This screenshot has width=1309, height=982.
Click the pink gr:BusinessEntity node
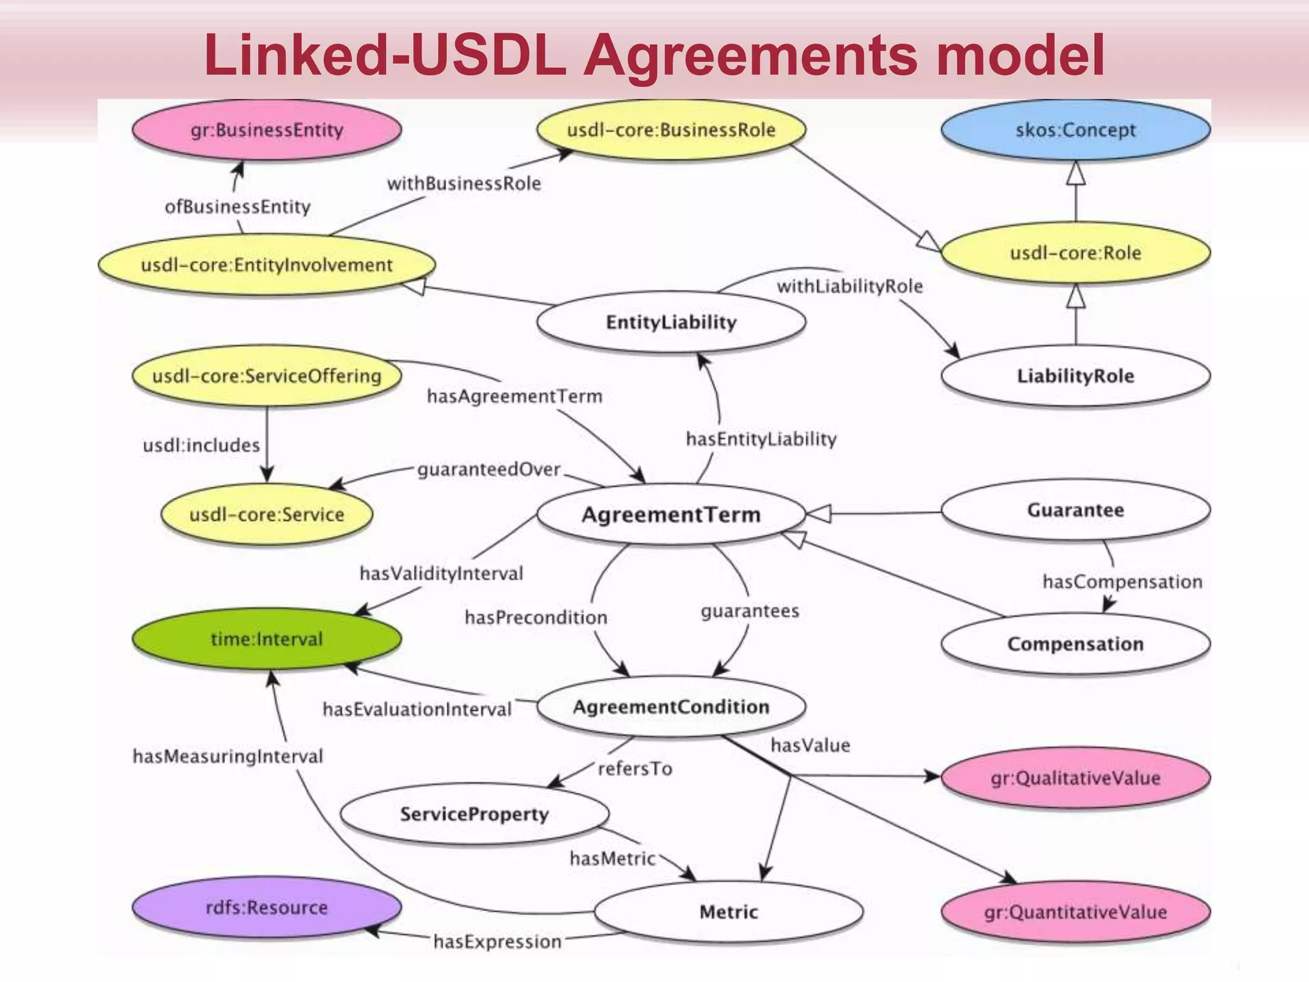click(267, 130)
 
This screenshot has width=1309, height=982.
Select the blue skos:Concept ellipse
click(1075, 130)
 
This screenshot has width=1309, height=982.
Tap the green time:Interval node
click(267, 639)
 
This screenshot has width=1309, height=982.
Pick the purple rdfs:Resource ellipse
click(267, 907)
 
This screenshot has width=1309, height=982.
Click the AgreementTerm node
click(670, 515)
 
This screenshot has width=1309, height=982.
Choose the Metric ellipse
click(728, 912)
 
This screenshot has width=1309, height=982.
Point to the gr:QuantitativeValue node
click(1075, 912)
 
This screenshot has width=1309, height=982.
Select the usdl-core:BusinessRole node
click(670, 130)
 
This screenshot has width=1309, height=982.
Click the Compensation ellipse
click(1075, 644)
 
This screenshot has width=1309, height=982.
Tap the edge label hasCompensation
click(1122, 582)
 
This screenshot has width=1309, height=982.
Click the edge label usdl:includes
click(201, 445)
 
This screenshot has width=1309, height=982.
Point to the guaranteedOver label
click(489, 470)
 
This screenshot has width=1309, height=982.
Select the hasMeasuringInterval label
click(228, 756)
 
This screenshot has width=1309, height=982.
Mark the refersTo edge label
click(635, 768)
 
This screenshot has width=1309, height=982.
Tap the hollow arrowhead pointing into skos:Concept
click(1076, 173)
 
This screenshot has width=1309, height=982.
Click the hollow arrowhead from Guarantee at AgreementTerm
click(819, 513)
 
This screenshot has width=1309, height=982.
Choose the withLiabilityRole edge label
click(849, 286)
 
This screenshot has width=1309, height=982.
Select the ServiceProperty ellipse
click(474, 814)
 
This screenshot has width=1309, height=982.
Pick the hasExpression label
click(497, 942)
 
